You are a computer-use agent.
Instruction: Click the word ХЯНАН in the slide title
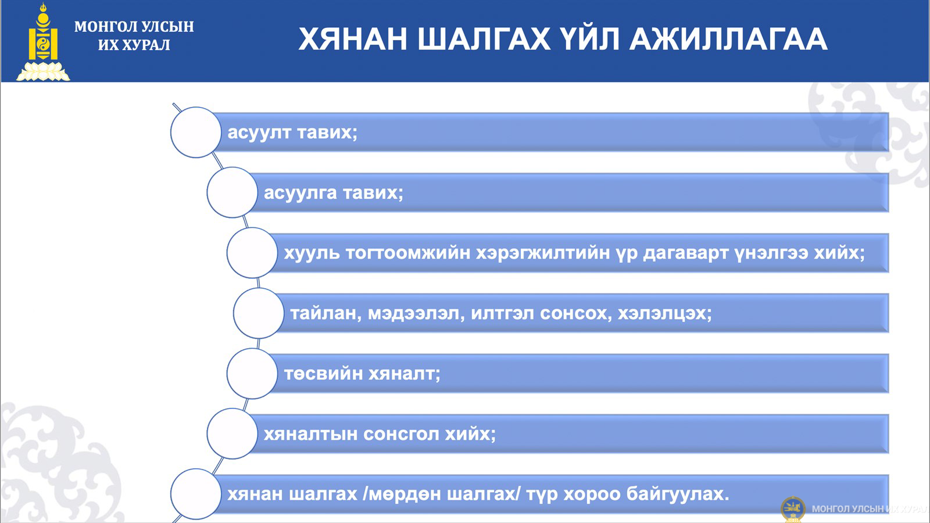click(352, 40)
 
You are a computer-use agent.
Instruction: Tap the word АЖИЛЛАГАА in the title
click(728, 40)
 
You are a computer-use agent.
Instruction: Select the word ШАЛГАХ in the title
click(484, 40)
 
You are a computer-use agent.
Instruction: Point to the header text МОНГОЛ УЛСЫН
click(134, 27)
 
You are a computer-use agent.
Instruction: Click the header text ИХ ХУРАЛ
click(134, 45)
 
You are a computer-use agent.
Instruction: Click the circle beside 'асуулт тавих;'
click(195, 132)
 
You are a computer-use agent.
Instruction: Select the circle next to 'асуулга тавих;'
click(232, 192)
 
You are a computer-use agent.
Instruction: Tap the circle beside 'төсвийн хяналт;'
click(252, 374)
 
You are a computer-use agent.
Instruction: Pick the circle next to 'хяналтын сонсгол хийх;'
click(232, 434)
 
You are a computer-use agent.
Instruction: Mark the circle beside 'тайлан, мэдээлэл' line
click(259, 313)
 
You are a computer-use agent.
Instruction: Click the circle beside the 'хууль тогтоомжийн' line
click(252, 253)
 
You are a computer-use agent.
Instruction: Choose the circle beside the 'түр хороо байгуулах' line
click(195, 494)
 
